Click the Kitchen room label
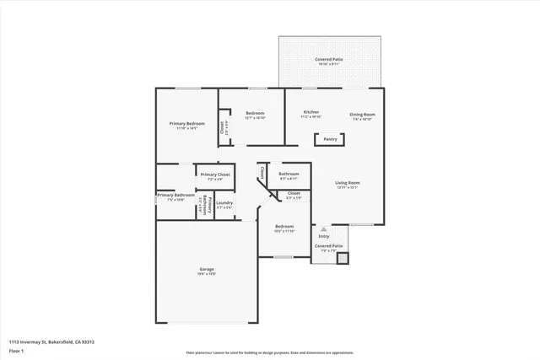coord(311,113)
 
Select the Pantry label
coord(330,139)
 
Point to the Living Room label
coord(348,184)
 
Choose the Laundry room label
coord(224,203)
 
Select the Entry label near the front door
coord(324,236)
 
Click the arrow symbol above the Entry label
coord(324,228)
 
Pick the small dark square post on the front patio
coord(342,258)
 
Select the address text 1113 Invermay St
coord(51,341)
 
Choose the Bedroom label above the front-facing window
coord(284,227)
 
